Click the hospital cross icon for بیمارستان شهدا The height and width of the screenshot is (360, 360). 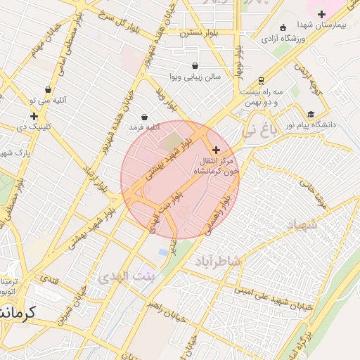tap(322, 13)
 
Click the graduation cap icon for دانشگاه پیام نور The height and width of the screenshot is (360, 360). tap(311, 114)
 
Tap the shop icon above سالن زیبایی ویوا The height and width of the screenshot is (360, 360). tap(174, 65)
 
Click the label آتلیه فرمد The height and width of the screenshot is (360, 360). tap(144, 127)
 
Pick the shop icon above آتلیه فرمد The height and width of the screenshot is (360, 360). tap(144, 117)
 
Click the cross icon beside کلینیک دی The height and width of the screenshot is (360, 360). tap(34, 116)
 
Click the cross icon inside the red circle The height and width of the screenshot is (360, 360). tap(215, 150)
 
